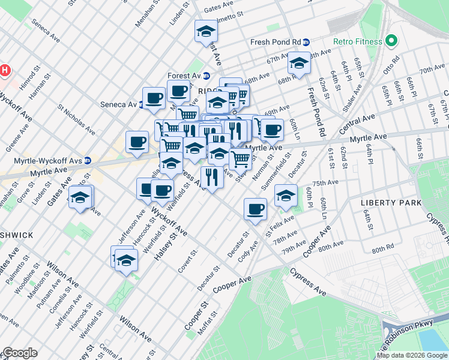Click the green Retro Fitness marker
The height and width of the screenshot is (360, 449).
click(392, 41)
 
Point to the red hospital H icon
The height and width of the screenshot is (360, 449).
click(5, 70)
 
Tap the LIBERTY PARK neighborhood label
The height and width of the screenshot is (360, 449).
click(391, 203)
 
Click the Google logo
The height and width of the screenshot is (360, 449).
click(19, 353)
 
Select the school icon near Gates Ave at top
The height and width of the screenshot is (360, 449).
click(205, 31)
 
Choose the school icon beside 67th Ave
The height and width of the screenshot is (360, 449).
click(298, 62)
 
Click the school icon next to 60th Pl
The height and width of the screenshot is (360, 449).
click(286, 195)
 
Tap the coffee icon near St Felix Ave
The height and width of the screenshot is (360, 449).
click(255, 209)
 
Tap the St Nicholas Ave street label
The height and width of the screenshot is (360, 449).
click(76, 120)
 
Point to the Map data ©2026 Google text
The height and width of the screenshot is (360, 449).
click(411, 355)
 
